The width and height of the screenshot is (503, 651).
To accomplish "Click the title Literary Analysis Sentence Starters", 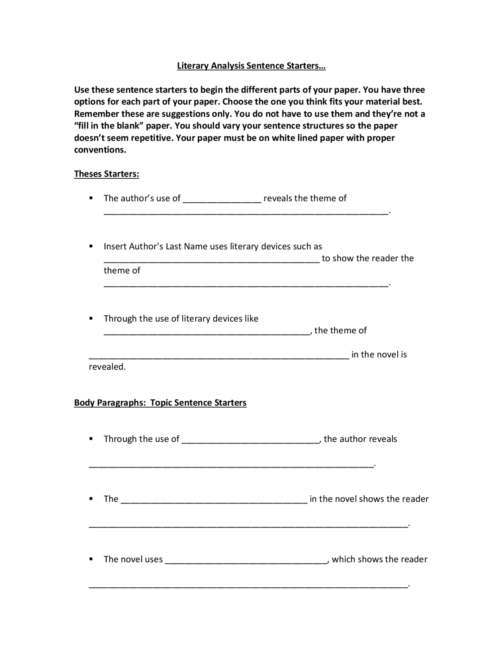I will tap(251, 66).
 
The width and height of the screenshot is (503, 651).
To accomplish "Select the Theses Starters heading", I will tap(106, 174).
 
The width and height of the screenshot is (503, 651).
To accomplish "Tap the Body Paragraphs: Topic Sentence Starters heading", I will tap(160, 403).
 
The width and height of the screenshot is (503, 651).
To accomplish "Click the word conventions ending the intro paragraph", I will tap(100, 150).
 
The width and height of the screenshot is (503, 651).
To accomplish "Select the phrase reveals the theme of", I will tap(305, 198).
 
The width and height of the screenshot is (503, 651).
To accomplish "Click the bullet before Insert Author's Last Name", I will tap(91, 246).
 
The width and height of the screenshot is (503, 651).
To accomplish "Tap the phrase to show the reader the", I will tap(367, 258).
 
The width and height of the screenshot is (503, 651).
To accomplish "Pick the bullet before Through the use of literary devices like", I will tap(91, 318).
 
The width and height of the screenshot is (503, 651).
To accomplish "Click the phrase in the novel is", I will tap(379, 355).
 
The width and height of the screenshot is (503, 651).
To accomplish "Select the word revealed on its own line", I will tap(107, 367).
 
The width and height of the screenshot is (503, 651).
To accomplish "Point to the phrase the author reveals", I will tap(360, 439).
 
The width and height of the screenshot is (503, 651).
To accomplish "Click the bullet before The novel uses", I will tap(91, 559).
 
